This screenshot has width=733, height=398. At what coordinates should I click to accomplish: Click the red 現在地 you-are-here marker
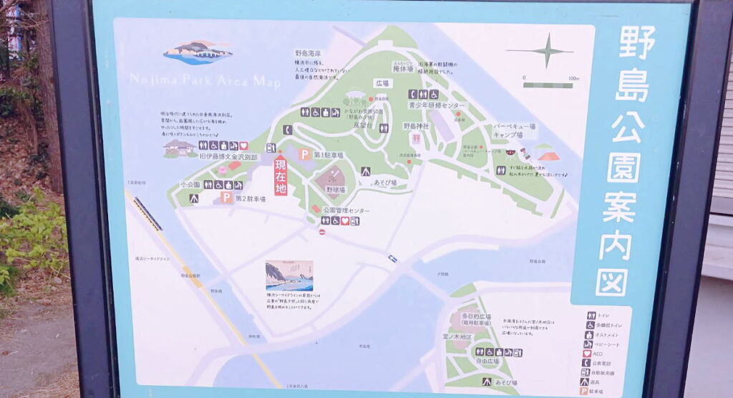click(281, 175)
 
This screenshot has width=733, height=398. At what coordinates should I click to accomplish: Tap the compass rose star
click(547, 51)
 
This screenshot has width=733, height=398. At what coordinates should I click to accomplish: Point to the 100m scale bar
click(547, 85)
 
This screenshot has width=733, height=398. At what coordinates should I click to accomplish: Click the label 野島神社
click(416, 126)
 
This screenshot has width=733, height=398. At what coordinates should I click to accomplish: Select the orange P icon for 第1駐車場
click(304, 154)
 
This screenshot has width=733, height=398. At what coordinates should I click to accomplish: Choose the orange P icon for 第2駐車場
click(226, 198)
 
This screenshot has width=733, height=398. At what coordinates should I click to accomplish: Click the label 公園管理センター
click(346, 210)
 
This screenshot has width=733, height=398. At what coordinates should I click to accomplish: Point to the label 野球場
click(336, 190)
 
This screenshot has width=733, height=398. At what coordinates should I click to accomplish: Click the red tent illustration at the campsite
click(548, 155)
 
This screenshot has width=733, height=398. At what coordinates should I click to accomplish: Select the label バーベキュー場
click(514, 126)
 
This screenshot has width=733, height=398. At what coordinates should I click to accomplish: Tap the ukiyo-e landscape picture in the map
click(289, 275)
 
